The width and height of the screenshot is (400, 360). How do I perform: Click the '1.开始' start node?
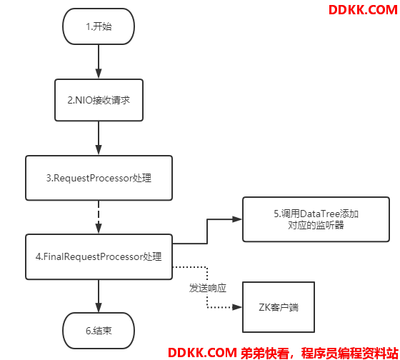pyautogui.click(x=99, y=26)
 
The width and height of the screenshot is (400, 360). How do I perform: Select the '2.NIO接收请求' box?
pyautogui.click(x=99, y=100)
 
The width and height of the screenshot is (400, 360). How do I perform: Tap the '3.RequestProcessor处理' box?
pyautogui.click(x=99, y=178)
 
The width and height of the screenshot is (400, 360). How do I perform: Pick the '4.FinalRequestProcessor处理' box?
pyautogui.click(x=99, y=256)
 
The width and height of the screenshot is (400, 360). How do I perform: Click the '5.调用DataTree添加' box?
pyautogui.click(x=316, y=219)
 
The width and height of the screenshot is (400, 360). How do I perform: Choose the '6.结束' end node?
pyautogui.click(x=99, y=331)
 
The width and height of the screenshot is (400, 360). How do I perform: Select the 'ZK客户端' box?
pyautogui.click(x=279, y=307)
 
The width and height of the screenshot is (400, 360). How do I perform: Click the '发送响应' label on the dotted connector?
pyautogui.click(x=208, y=288)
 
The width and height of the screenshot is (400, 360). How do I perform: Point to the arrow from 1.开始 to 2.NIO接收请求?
pyautogui.click(x=99, y=61)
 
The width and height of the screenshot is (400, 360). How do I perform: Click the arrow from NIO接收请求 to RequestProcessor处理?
pyautogui.click(x=99, y=138)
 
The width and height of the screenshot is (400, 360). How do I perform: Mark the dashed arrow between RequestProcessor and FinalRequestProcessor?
pyautogui.click(x=99, y=217)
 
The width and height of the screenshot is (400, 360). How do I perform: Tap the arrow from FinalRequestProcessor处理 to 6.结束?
pyautogui.click(x=99, y=296)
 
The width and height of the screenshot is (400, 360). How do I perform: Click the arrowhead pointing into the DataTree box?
pyautogui.click(x=237, y=219)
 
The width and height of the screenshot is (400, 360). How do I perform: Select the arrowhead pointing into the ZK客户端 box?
pyautogui.click(x=237, y=307)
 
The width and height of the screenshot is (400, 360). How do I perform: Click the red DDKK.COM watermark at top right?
pyautogui.click(x=363, y=10)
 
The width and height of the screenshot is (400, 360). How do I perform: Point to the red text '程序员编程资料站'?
pyautogui.click(x=350, y=353)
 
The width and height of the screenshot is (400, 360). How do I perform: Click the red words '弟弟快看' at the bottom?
pyautogui.click(x=265, y=353)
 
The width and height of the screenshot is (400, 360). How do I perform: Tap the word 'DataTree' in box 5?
pyautogui.click(x=320, y=214)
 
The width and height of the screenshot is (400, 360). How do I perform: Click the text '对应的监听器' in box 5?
pyautogui.click(x=316, y=225)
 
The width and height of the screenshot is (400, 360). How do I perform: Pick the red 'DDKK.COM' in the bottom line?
pyautogui.click(x=203, y=353)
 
